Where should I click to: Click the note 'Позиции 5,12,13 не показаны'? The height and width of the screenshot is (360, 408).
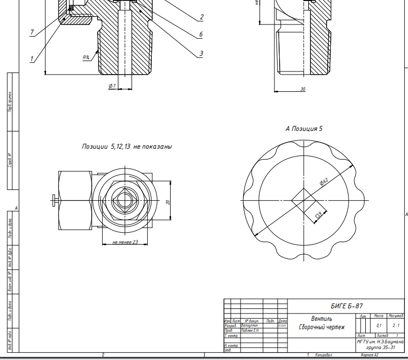(x=127, y=147)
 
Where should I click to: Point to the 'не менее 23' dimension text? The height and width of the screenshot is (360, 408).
(x=125, y=242)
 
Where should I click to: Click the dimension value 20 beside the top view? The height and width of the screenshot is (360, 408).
(x=168, y=202)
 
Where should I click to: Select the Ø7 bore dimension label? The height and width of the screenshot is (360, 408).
(x=112, y=86)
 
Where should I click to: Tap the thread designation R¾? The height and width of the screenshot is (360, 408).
(x=86, y=57)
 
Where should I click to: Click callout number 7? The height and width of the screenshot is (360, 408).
(x=32, y=32)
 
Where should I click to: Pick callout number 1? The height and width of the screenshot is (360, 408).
(x=32, y=59)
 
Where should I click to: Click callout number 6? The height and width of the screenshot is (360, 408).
(x=201, y=35)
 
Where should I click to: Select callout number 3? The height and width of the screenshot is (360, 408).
(x=201, y=53)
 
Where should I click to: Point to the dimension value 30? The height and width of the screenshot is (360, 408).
(x=303, y=89)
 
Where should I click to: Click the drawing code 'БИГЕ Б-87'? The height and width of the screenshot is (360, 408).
(x=346, y=306)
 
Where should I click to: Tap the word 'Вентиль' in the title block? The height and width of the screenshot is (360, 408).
(x=321, y=318)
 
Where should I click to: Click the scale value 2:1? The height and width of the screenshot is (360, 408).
(x=396, y=325)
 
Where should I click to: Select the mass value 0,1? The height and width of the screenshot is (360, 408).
(x=379, y=325)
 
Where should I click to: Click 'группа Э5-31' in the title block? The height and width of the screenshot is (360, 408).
(x=381, y=347)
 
